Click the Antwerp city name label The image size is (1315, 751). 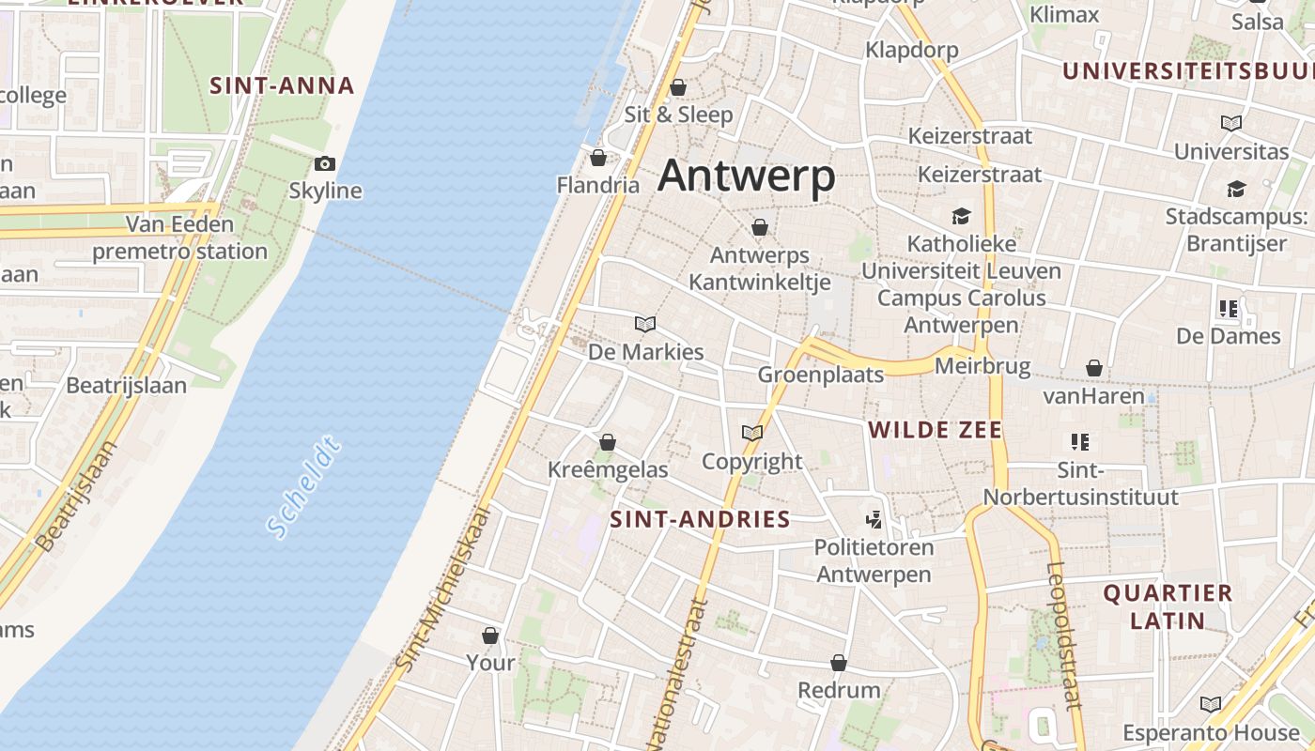point(746,176)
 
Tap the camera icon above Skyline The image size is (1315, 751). point(325,164)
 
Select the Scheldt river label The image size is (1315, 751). point(302,487)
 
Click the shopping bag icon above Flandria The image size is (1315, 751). point(597,158)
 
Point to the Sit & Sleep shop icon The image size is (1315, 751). point(678,88)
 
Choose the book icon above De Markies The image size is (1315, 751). point(645,325)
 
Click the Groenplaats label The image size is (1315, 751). point(821,375)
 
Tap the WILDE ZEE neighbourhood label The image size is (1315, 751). point(935,430)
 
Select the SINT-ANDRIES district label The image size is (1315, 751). point(700,519)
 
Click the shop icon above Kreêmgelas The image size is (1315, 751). point(608,442)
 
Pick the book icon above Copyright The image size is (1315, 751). point(751,433)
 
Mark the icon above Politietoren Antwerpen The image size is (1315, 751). point(874,519)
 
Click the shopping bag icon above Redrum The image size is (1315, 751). point(839,664)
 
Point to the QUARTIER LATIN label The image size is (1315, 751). point(1168,606)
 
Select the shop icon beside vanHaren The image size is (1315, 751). point(1093,368)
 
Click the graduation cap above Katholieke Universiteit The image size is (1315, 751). point(961,217)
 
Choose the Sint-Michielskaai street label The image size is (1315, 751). point(442,589)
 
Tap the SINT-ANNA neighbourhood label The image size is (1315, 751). point(282,86)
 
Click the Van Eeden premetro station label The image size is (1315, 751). point(179,238)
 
